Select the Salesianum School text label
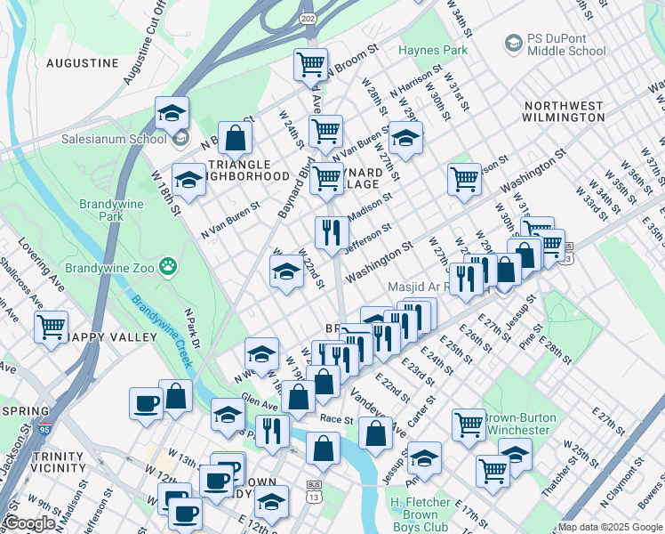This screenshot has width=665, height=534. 113,139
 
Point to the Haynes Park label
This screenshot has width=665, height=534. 433,50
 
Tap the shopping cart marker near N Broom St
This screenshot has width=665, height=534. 310,64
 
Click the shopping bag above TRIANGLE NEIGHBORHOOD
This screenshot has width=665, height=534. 236,138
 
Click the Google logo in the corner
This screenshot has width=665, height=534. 29,523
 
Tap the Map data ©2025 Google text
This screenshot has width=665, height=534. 609,527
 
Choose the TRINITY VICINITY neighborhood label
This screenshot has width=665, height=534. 58,462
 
